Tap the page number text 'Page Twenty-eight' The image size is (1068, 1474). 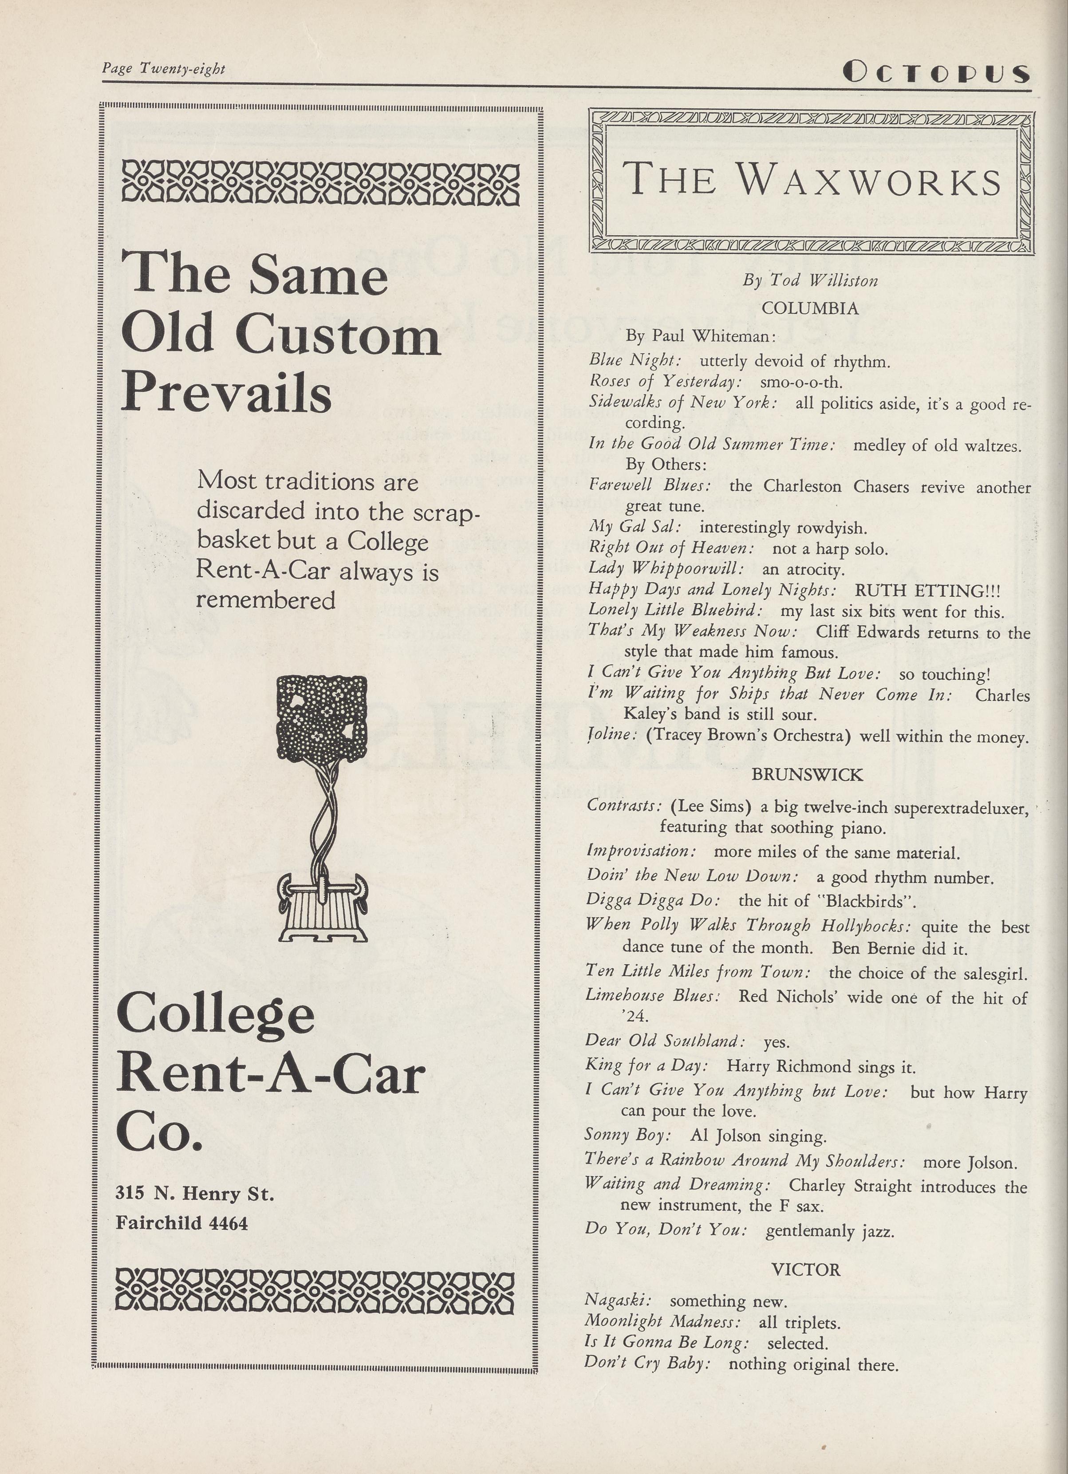coord(163,68)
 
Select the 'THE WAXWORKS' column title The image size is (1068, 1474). coord(811,179)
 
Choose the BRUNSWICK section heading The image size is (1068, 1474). coord(807,775)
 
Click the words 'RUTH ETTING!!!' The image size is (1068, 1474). coord(927,590)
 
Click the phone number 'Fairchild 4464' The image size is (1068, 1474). coord(182,1223)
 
